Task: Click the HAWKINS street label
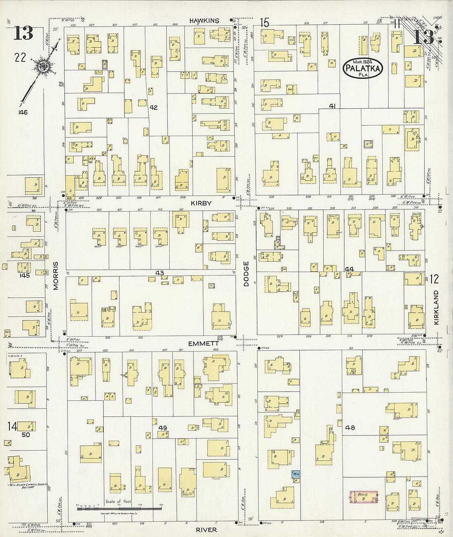[x=204, y=21]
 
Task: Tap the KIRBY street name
[x=201, y=203]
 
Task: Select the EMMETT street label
[x=203, y=343]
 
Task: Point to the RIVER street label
[x=206, y=530]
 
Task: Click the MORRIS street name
[x=56, y=276]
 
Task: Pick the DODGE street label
[x=246, y=273]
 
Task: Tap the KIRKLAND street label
[x=436, y=308]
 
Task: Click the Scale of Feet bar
[x=119, y=509]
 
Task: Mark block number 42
[x=154, y=107]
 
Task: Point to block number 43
[x=159, y=273]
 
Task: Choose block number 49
[x=163, y=428]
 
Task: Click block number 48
[x=350, y=428]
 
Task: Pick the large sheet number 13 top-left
[x=23, y=33]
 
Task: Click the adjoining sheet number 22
[x=20, y=58]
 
